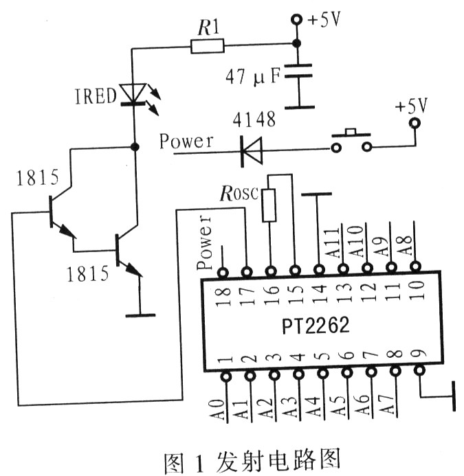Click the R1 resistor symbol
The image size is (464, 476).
point(206,46)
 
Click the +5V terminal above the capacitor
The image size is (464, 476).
point(297,21)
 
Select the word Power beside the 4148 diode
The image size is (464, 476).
point(186,141)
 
